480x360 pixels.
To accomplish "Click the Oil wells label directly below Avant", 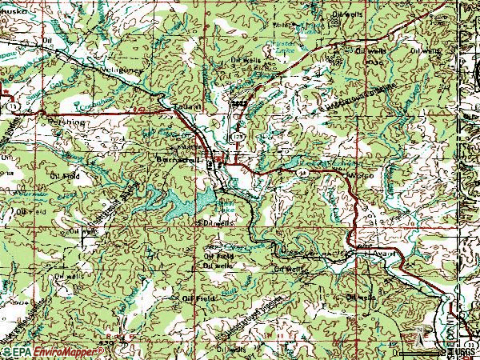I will (x=361, y=297).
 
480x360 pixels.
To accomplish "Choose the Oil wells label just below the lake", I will (x=218, y=223).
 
